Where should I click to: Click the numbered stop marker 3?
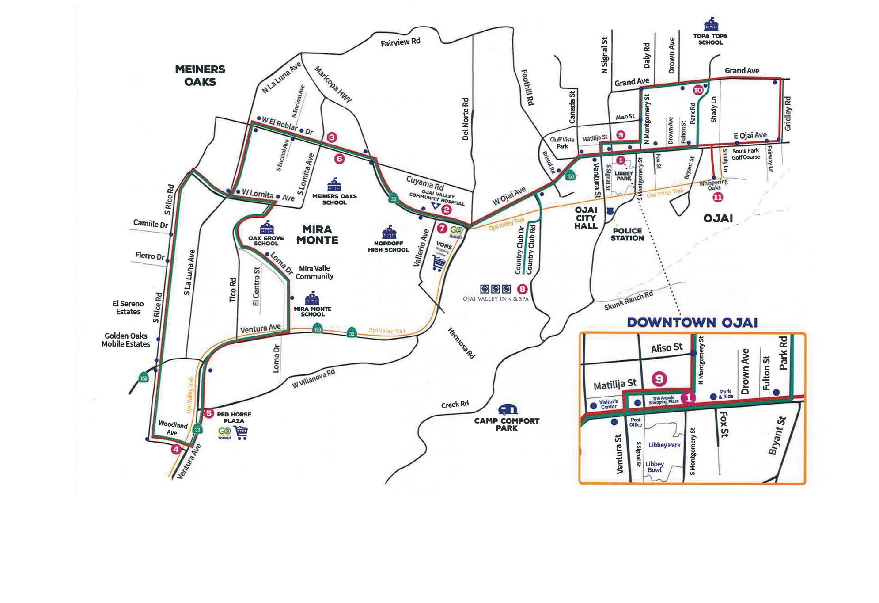pos(332,137)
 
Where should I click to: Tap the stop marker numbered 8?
pos(522,289)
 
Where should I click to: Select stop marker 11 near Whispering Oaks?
pos(718,198)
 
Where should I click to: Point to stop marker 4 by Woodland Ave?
pos(176,450)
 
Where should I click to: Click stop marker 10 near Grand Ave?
pos(698,90)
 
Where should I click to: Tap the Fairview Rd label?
pos(400,42)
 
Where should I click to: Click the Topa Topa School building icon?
pos(711,24)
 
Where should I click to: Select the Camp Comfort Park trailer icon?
pos(507,410)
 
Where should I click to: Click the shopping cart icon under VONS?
pos(439,263)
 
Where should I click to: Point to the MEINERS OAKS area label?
pos(200,75)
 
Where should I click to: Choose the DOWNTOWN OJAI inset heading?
pos(692,322)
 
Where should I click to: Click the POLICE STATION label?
pos(627,234)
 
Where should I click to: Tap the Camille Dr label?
pos(151,224)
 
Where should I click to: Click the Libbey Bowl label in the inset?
pos(655,467)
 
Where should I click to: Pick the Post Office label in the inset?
pos(635,422)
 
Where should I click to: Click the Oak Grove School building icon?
pos(266,228)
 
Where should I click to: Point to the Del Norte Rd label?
pos(465,119)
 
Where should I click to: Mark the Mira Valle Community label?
pos(314,272)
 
